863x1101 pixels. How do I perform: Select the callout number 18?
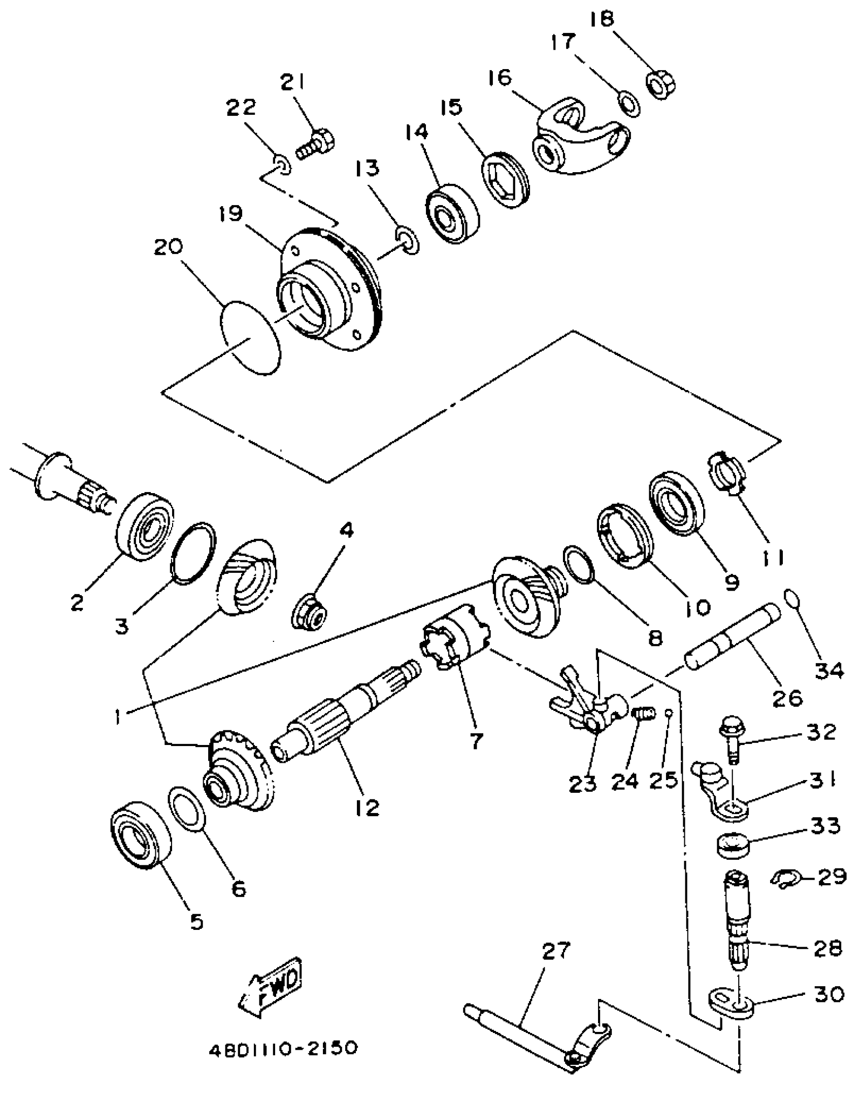pos(603,19)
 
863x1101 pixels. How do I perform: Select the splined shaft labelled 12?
pos(345,711)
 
